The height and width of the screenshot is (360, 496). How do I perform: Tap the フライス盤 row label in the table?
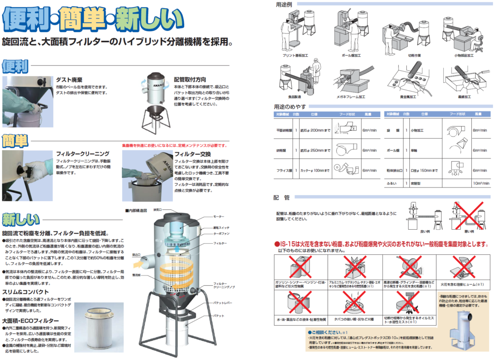click(x=283, y=171)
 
